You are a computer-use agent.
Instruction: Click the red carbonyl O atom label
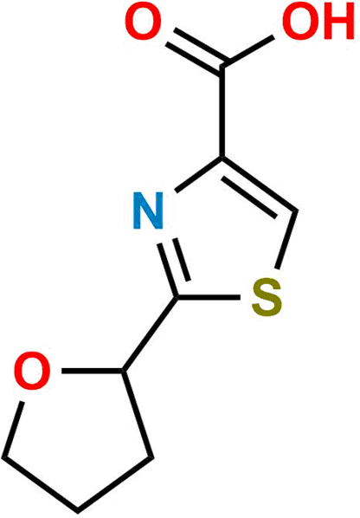pyautogui.click(x=143, y=22)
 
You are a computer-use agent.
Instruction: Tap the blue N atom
pyautogui.click(x=148, y=210)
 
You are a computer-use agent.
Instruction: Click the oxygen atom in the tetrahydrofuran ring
pyautogui.click(x=33, y=372)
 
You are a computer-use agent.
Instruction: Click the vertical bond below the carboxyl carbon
pyautogui.click(x=223, y=112)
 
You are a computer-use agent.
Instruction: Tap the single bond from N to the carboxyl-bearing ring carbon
pyautogui.click(x=199, y=174)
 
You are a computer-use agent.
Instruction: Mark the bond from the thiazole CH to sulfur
pyautogui.click(x=287, y=240)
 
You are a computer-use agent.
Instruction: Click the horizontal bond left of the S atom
pyautogui.click(x=209, y=297)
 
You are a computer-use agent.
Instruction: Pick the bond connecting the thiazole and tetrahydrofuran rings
pyautogui.click(x=150, y=334)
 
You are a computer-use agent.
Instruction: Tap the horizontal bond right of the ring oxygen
pyautogui.click(x=93, y=372)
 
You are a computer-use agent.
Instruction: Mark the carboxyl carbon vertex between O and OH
pyautogui.click(x=223, y=65)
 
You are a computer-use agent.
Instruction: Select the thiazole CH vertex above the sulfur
pyautogui.click(x=296, y=210)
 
